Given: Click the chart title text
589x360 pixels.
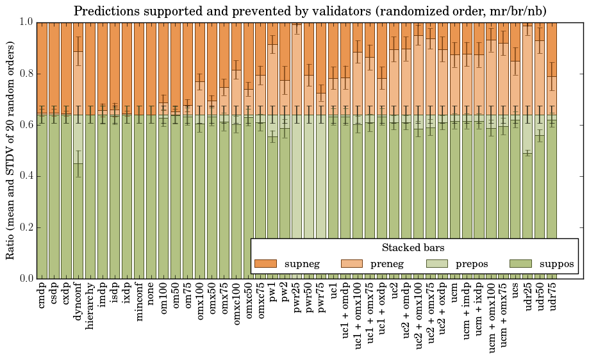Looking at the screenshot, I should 310,12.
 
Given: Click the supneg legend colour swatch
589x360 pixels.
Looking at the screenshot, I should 265,264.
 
